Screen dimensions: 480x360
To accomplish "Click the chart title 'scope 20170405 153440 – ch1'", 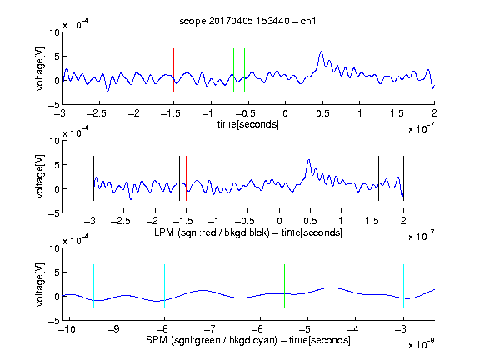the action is [x=247, y=21].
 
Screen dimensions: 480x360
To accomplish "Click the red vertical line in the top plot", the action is [x=173, y=70].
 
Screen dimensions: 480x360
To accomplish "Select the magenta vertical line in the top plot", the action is [x=397, y=70].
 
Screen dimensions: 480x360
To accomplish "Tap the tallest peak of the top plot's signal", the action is [x=321, y=52].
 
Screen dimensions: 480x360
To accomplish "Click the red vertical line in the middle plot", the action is [x=186, y=178].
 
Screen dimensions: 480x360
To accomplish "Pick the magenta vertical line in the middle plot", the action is [x=372, y=178].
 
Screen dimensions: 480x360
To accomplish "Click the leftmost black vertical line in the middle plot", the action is [x=93, y=178].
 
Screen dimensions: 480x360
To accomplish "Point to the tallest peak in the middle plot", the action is [x=309, y=160].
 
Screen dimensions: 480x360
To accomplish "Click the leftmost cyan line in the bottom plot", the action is [x=93, y=286].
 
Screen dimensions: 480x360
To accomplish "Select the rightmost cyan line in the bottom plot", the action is [x=404, y=286].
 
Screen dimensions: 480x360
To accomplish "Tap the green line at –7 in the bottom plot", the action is [x=212, y=286].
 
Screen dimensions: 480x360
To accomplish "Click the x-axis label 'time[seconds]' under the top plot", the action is [x=248, y=124].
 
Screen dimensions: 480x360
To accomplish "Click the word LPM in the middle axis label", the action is [x=164, y=232].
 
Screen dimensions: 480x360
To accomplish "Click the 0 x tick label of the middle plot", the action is [x=279, y=221].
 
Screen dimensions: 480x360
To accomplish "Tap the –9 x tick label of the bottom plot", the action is [x=114, y=329].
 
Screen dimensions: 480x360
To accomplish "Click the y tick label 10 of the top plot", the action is [x=55, y=32].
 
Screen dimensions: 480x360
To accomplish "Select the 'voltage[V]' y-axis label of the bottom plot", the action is [x=40, y=284].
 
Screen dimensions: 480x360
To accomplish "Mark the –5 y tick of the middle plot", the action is [x=54, y=213].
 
